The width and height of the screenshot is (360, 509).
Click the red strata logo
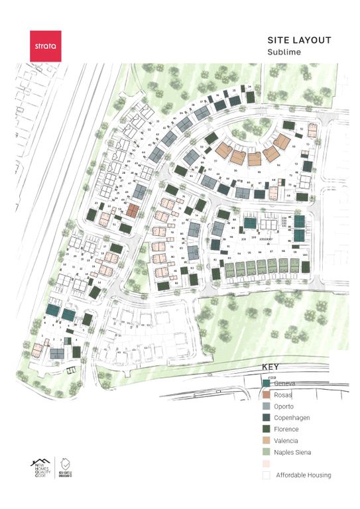pyautogui.click(x=45, y=46)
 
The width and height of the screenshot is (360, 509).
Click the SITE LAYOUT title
pyautogui.click(x=298, y=41)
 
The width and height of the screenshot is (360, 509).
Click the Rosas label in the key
pyautogui.click(x=285, y=395)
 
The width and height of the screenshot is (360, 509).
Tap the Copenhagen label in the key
pyautogui.click(x=292, y=418)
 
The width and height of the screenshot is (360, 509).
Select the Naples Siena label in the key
pyautogui.click(x=294, y=452)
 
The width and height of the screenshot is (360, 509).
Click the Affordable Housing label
pyautogui.click(x=303, y=475)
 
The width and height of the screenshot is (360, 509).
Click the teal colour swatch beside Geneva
pyautogui.click(x=267, y=384)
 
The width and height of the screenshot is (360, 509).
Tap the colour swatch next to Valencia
pyautogui.click(x=267, y=440)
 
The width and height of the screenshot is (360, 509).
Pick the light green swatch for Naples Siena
pyautogui.click(x=267, y=452)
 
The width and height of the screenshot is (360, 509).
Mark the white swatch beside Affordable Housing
pyautogui.click(x=267, y=475)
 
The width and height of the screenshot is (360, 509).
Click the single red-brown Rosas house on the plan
pyautogui.click(x=133, y=211)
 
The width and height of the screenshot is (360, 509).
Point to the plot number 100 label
pyautogui.click(x=305, y=253)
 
